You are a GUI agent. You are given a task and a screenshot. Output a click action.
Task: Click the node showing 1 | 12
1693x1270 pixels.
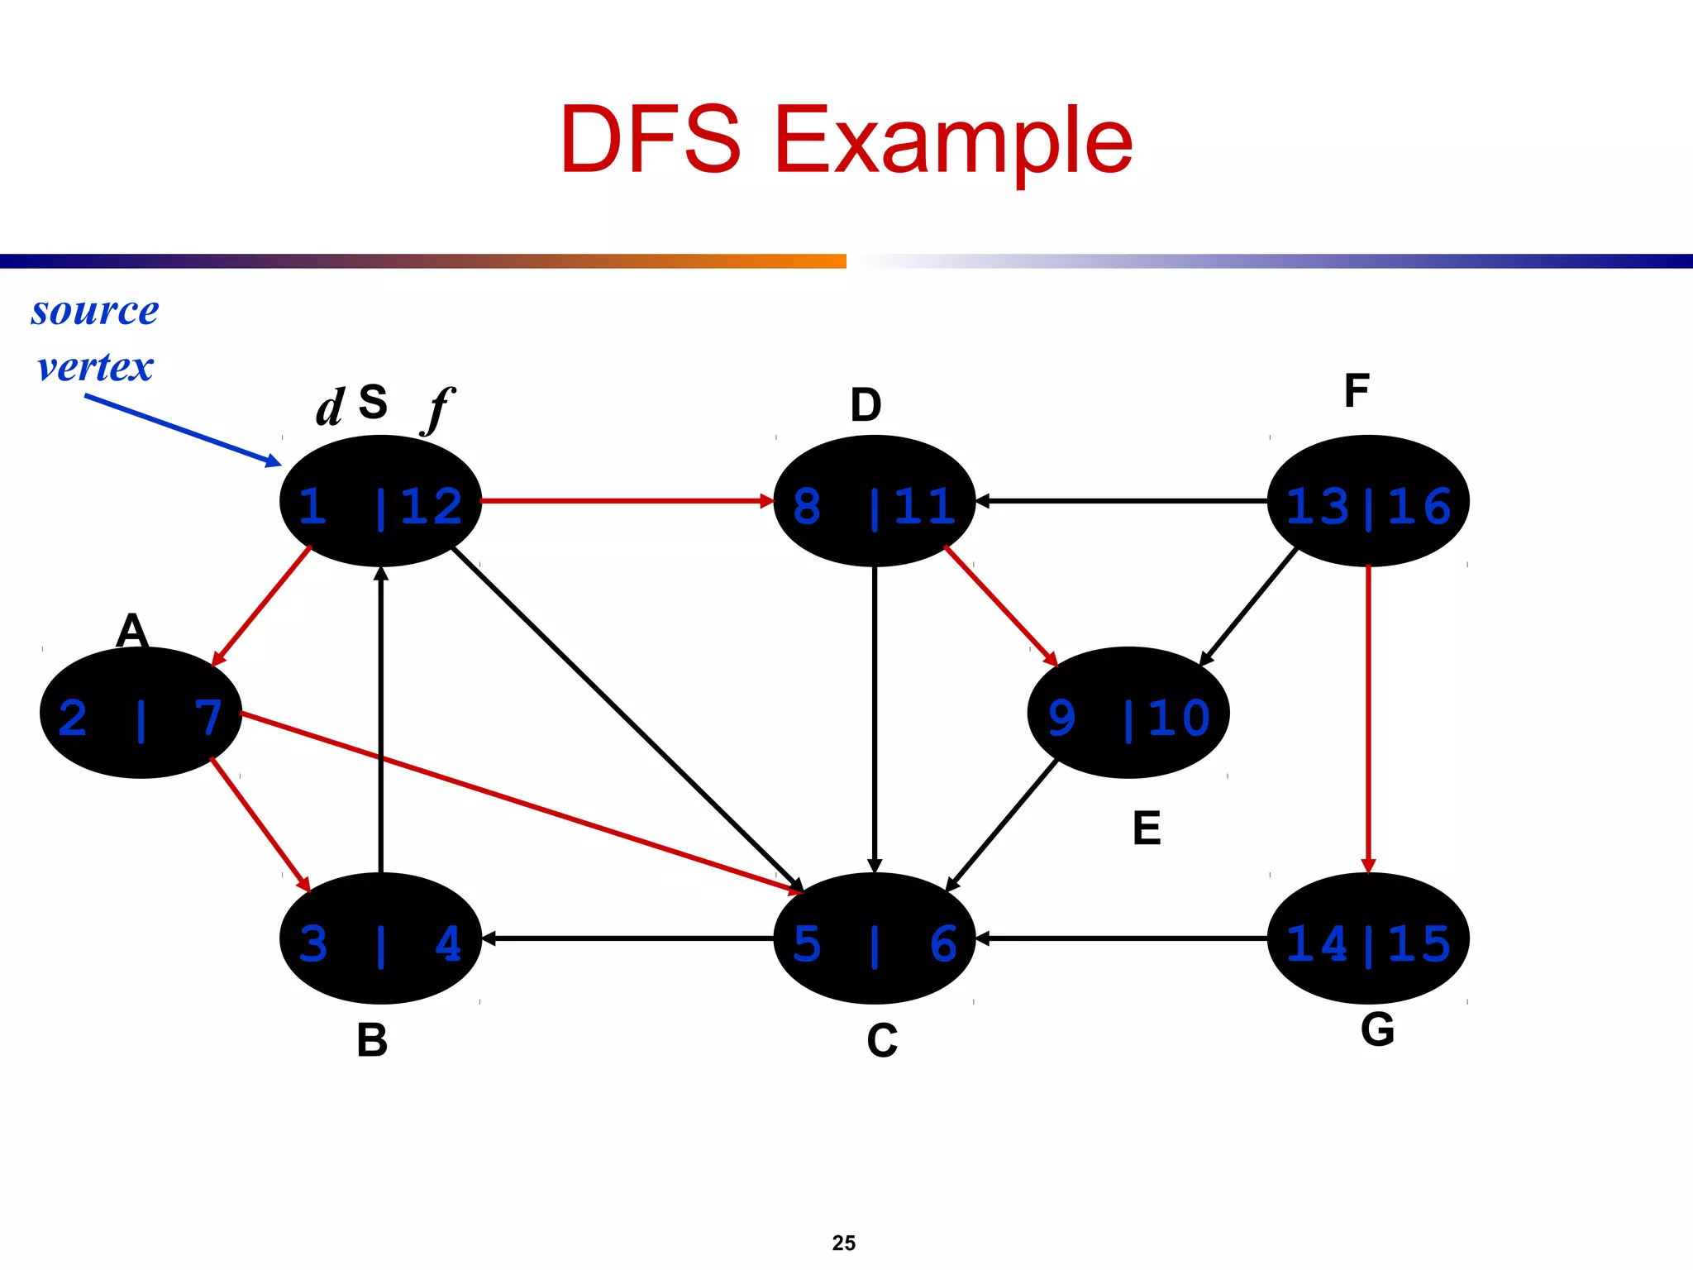tap(380, 501)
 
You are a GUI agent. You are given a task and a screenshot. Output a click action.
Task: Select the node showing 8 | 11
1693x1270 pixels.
tap(874, 501)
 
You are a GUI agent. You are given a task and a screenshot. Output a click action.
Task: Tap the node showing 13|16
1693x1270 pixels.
tap(1368, 501)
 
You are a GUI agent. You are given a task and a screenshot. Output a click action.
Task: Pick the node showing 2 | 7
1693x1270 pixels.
tap(141, 713)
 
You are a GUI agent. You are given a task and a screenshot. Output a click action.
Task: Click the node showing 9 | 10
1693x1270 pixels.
tap(1128, 713)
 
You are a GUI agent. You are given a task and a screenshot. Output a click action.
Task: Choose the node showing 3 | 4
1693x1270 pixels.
tap(380, 938)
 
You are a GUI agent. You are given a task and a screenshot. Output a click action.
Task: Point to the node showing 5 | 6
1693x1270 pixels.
tap(874, 938)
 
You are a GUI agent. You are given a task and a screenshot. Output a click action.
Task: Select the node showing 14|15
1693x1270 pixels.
tap(1368, 938)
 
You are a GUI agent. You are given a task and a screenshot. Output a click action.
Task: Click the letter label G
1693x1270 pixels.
tap(1377, 1030)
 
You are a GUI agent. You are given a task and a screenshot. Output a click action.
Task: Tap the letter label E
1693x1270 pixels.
tap(1147, 828)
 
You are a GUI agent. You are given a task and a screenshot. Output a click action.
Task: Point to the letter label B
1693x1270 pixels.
tap(372, 1040)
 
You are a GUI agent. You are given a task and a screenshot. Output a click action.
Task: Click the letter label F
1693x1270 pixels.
tap(1357, 391)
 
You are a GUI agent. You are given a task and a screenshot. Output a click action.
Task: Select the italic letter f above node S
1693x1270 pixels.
tap(438, 408)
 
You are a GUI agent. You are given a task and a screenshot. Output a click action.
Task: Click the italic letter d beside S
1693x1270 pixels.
tap(330, 408)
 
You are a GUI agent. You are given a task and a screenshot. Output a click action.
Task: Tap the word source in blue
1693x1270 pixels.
tap(95, 311)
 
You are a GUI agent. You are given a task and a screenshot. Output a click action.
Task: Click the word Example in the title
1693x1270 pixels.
tap(952, 141)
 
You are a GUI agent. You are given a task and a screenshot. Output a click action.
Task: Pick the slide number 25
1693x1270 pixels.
tap(844, 1243)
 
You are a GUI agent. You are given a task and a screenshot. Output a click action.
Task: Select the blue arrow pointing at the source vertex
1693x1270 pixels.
tap(182, 430)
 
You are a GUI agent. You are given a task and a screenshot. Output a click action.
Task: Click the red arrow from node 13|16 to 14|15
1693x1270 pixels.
tap(1368, 719)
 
